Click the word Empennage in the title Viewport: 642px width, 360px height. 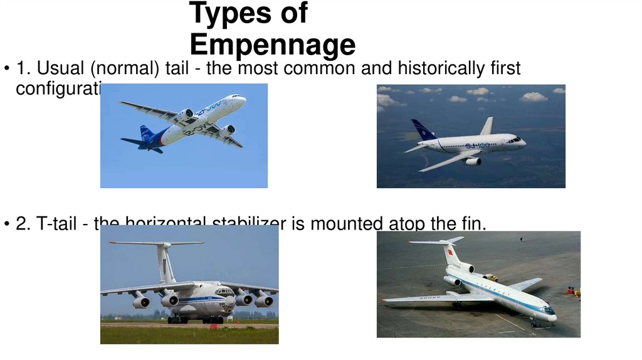(x=272, y=45)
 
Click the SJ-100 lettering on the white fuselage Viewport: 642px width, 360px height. (x=478, y=146)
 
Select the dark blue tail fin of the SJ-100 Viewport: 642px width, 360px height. (x=423, y=130)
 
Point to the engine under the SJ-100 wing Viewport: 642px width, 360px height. (x=472, y=161)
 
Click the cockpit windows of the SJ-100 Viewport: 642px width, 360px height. (x=515, y=139)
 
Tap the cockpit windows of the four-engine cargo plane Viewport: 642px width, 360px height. (x=224, y=292)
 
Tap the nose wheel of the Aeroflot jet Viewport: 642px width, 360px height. (x=532, y=324)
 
